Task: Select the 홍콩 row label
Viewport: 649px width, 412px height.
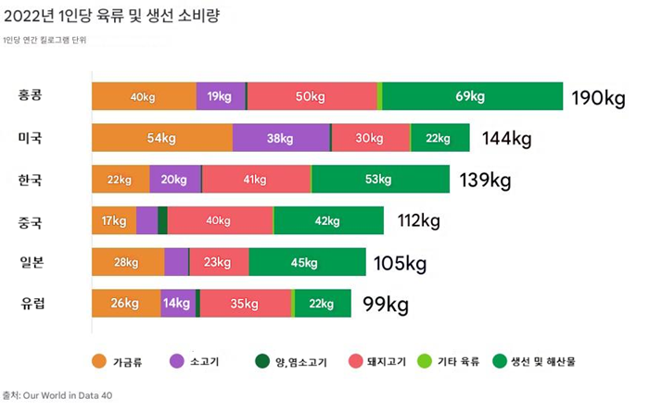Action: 30,96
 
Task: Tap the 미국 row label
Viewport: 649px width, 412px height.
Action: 30,138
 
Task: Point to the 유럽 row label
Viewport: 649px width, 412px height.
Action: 30,303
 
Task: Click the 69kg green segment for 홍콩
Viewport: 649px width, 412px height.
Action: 471,96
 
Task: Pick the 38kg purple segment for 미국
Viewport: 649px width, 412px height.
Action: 280,138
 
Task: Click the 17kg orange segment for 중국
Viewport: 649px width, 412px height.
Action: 113,220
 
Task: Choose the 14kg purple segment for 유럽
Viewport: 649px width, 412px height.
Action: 177,303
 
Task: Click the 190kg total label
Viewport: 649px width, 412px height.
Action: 598,97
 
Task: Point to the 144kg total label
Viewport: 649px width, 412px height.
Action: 506,139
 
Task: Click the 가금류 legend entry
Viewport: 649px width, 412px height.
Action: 116,361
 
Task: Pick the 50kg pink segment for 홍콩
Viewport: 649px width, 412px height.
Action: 311,96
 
